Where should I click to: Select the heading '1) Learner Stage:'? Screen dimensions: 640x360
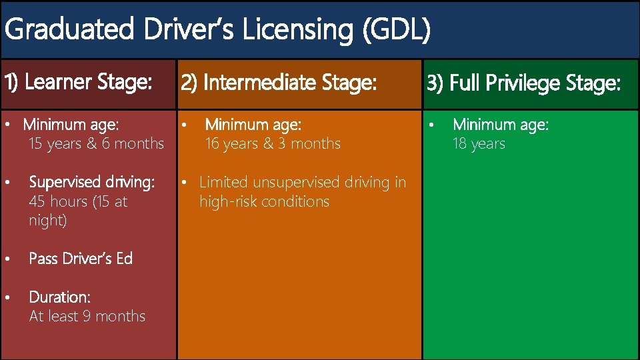coord(79,83)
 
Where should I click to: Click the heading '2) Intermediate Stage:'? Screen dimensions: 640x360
coord(279,83)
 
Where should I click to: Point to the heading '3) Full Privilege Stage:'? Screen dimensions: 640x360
coord(524,84)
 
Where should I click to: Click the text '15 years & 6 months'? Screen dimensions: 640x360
coord(96,144)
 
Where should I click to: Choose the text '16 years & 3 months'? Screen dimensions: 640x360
coord(273,144)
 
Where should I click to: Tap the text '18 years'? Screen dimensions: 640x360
coord(479,144)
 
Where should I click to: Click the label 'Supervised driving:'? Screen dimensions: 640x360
coord(91,182)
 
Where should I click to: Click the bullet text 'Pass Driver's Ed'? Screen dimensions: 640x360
coord(81,259)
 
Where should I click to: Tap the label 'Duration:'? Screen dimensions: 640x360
coord(59,297)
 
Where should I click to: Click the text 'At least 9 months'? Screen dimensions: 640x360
coord(87,316)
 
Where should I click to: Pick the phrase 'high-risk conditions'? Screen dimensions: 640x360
coord(264,201)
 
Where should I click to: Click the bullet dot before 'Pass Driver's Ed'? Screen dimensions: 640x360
coord(7,259)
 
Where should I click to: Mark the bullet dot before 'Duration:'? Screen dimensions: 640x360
coord(7,297)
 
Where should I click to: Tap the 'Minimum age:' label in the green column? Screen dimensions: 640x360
coord(500,125)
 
